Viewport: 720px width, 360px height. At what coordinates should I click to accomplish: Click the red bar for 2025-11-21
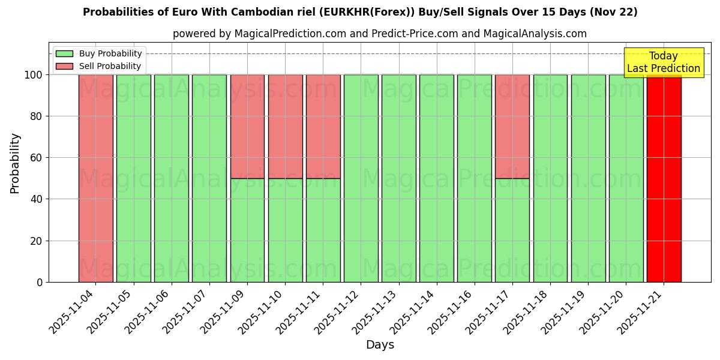664,178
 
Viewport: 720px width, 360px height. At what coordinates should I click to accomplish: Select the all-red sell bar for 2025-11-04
95,178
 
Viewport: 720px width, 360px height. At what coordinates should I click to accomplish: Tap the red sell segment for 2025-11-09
247,126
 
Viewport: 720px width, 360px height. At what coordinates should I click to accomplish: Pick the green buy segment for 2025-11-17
512,230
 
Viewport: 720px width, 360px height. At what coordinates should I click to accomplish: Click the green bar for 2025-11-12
361,178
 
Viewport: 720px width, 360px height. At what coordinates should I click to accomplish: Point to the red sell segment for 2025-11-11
323,126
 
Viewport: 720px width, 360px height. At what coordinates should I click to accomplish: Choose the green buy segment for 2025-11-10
285,230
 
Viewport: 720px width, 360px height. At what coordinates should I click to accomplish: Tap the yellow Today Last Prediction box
663,62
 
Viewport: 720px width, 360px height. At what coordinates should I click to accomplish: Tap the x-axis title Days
380,345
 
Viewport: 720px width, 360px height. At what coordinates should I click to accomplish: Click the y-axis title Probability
15,163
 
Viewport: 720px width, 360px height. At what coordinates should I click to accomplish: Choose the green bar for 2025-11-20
626,178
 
